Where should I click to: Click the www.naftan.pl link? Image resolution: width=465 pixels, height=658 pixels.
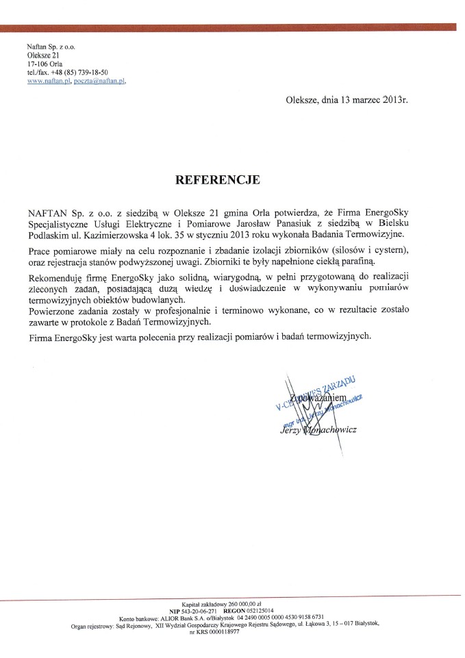(49, 81)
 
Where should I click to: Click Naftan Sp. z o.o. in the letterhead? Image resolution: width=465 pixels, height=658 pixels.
(51, 45)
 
